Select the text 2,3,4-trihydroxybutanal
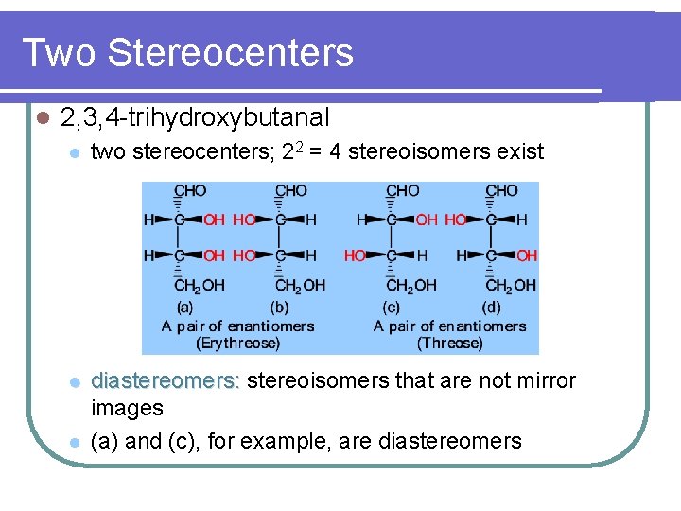click(x=194, y=117)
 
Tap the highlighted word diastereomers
click(x=166, y=381)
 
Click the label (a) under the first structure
click(x=186, y=307)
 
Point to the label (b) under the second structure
click(x=280, y=307)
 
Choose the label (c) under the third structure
click(x=391, y=307)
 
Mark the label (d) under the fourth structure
click(x=491, y=307)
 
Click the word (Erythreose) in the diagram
click(x=237, y=343)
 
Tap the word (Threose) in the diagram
click(x=449, y=343)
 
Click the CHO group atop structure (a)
click(x=190, y=191)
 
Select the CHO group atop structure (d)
click(x=501, y=191)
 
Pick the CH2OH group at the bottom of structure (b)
click(x=299, y=285)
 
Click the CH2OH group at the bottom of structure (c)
click(x=410, y=285)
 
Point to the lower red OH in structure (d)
click(x=527, y=255)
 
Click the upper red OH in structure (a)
click(x=215, y=220)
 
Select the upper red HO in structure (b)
click(x=244, y=220)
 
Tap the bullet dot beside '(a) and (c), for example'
click(x=74, y=442)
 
